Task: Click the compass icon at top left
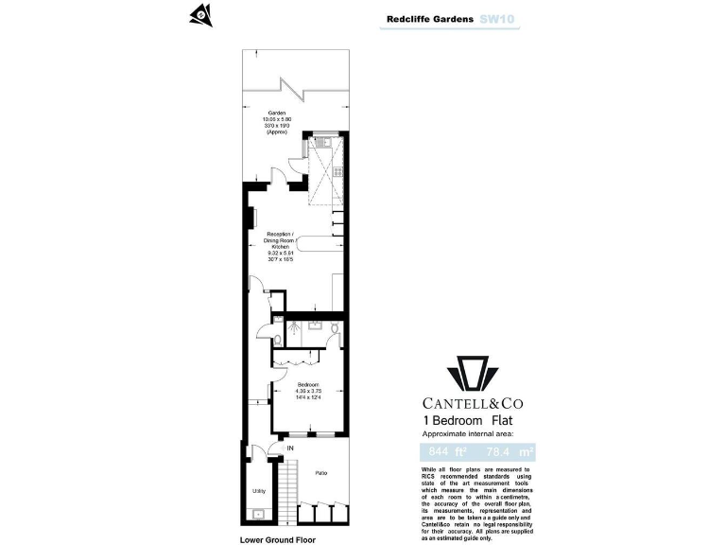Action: pos(199,13)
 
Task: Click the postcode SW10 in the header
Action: pos(498,18)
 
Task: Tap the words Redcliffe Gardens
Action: pos(430,18)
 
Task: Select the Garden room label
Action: pos(276,122)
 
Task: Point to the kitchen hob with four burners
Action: pos(337,172)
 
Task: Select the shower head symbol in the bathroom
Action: pos(298,325)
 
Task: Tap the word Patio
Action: pos(321,472)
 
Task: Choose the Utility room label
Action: pos(257,491)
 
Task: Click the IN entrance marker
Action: pos(290,448)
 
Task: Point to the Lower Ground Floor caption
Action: pos(277,538)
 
